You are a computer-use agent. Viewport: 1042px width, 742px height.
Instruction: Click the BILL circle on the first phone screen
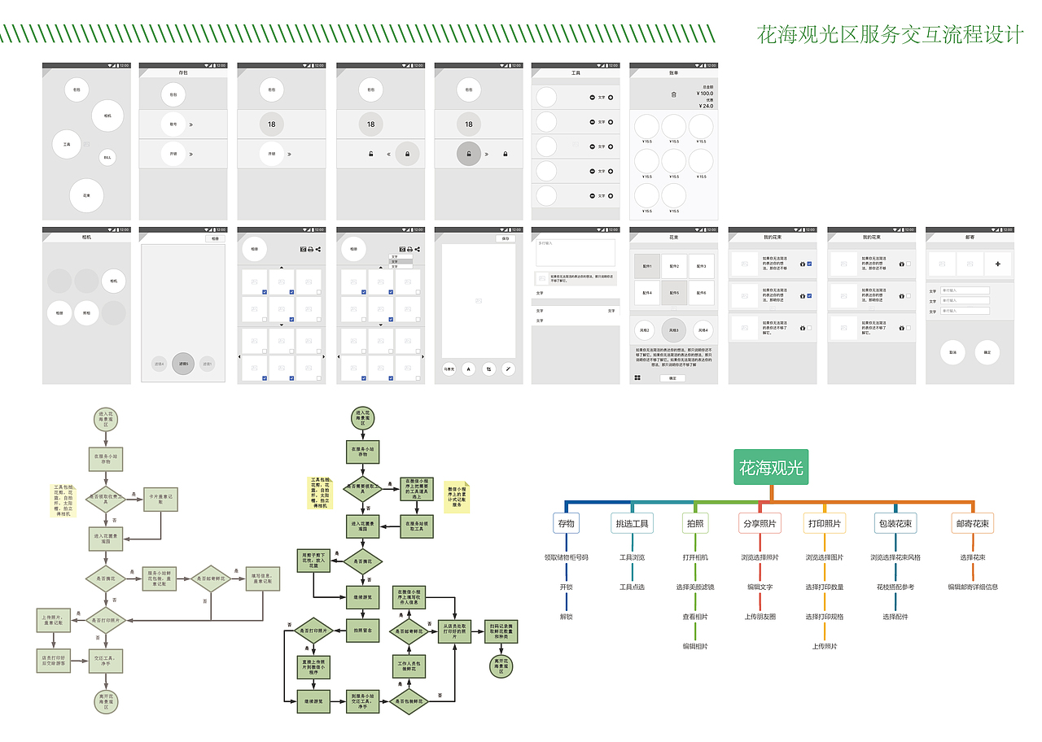coord(107,157)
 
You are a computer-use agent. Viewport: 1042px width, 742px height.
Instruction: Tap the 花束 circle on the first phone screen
coord(86,195)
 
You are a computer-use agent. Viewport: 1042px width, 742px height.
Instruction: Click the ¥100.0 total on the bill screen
coord(704,94)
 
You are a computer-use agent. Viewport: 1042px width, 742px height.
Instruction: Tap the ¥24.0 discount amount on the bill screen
coord(705,106)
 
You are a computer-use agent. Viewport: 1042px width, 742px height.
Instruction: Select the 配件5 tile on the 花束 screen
coord(673,293)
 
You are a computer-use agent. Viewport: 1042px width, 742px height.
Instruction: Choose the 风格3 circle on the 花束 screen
coord(673,330)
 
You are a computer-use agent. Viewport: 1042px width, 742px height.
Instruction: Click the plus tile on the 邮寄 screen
coord(997,264)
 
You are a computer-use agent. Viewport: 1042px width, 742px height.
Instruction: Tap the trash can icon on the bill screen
coord(673,94)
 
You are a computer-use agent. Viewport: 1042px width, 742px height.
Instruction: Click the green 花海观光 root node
coord(771,468)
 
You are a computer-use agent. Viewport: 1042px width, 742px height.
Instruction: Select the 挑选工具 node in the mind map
coord(633,523)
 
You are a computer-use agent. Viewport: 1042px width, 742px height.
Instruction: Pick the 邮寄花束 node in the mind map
coord(973,523)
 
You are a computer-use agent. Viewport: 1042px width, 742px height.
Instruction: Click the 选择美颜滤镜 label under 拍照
coord(695,587)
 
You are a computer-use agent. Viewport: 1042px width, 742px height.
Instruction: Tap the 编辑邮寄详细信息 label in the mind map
coord(973,587)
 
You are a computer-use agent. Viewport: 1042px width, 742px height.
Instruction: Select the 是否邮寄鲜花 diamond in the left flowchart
coord(212,578)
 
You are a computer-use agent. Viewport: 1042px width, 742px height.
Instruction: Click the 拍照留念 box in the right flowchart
coord(363,631)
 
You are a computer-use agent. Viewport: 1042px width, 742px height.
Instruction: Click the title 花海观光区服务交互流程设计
coord(890,35)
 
